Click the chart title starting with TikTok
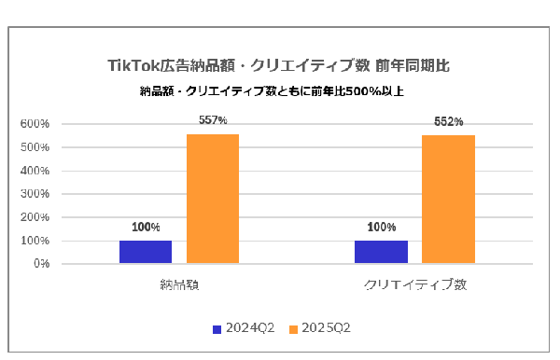click(279, 66)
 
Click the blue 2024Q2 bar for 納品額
click(146, 252)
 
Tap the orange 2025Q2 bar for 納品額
click(213, 199)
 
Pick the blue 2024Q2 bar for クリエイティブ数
click(381, 252)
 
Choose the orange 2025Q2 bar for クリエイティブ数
click(448, 200)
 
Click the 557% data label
click(213, 120)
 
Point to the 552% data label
click(448, 122)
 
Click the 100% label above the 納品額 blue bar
click(146, 227)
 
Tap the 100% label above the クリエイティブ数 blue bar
click(381, 227)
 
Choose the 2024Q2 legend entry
click(244, 327)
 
